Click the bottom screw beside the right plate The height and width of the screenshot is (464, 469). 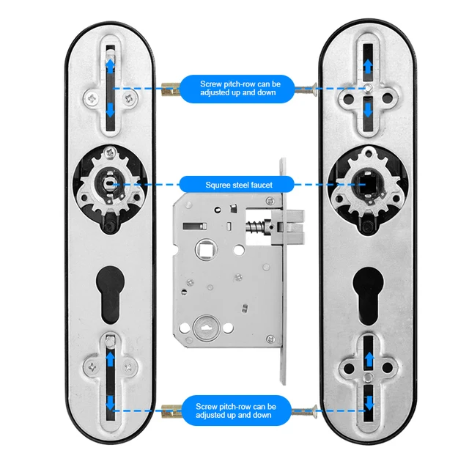pos(307,410)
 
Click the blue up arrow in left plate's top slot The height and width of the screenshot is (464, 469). pos(110,67)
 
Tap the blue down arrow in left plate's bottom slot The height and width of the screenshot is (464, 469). pos(110,402)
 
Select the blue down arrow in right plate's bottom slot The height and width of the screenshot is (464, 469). pos(369,401)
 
